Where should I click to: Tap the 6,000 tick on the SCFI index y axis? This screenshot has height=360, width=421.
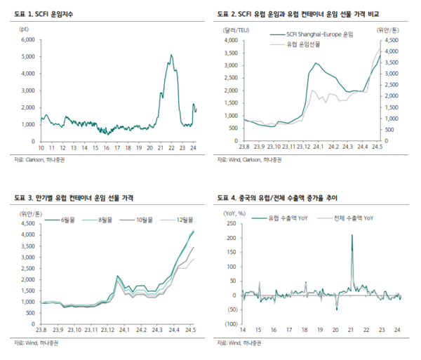click(x=27, y=39)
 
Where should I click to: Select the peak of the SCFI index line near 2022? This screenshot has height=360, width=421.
click(x=171, y=55)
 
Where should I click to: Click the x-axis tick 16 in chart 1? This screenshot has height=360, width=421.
click(x=106, y=148)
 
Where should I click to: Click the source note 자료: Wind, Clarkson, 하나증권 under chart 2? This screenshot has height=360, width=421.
click(x=251, y=161)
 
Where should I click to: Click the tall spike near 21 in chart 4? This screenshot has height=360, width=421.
click(x=352, y=236)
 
